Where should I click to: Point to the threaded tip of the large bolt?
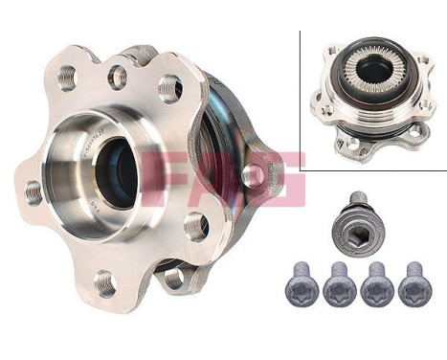point(356,198)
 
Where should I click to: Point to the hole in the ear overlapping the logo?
point(252,176)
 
